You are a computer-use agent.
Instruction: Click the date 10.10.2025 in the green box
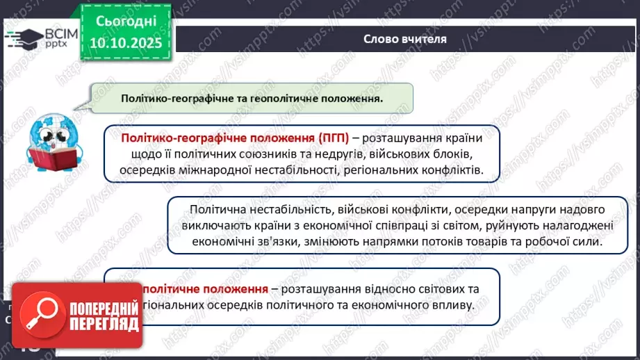[125, 43]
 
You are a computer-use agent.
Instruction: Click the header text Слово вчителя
[405, 39]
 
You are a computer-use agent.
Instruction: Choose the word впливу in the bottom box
[454, 305]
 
